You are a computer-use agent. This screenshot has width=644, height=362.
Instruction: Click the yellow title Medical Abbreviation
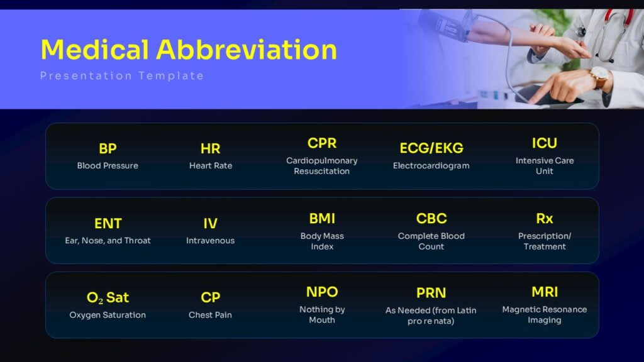(189, 50)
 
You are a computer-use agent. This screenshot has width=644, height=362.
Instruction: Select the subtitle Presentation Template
(122, 76)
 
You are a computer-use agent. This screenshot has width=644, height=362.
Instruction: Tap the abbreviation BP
(108, 148)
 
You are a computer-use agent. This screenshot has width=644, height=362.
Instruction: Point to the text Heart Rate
(211, 165)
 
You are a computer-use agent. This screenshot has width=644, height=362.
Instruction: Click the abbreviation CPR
(322, 143)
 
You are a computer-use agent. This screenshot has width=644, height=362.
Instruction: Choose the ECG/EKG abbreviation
(431, 148)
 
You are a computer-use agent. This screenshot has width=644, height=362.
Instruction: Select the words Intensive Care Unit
(545, 166)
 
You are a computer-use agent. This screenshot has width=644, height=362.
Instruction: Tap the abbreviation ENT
(108, 224)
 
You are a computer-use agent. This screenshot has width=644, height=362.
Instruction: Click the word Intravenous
(210, 241)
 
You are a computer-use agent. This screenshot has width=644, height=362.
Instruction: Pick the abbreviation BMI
(322, 219)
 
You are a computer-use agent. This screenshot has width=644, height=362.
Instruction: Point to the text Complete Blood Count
(431, 241)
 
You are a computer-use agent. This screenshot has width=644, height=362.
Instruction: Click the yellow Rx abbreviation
(545, 219)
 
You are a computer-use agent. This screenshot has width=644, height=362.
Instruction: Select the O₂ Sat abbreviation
(108, 297)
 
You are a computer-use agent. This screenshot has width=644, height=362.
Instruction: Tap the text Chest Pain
(210, 315)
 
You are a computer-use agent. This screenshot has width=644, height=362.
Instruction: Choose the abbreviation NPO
(322, 292)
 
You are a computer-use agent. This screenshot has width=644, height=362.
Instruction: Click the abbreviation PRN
(431, 293)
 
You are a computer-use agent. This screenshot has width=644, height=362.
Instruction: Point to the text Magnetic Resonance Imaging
(545, 315)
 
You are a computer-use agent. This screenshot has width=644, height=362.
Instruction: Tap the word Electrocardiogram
(431, 166)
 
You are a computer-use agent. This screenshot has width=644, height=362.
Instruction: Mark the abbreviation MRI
(545, 292)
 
